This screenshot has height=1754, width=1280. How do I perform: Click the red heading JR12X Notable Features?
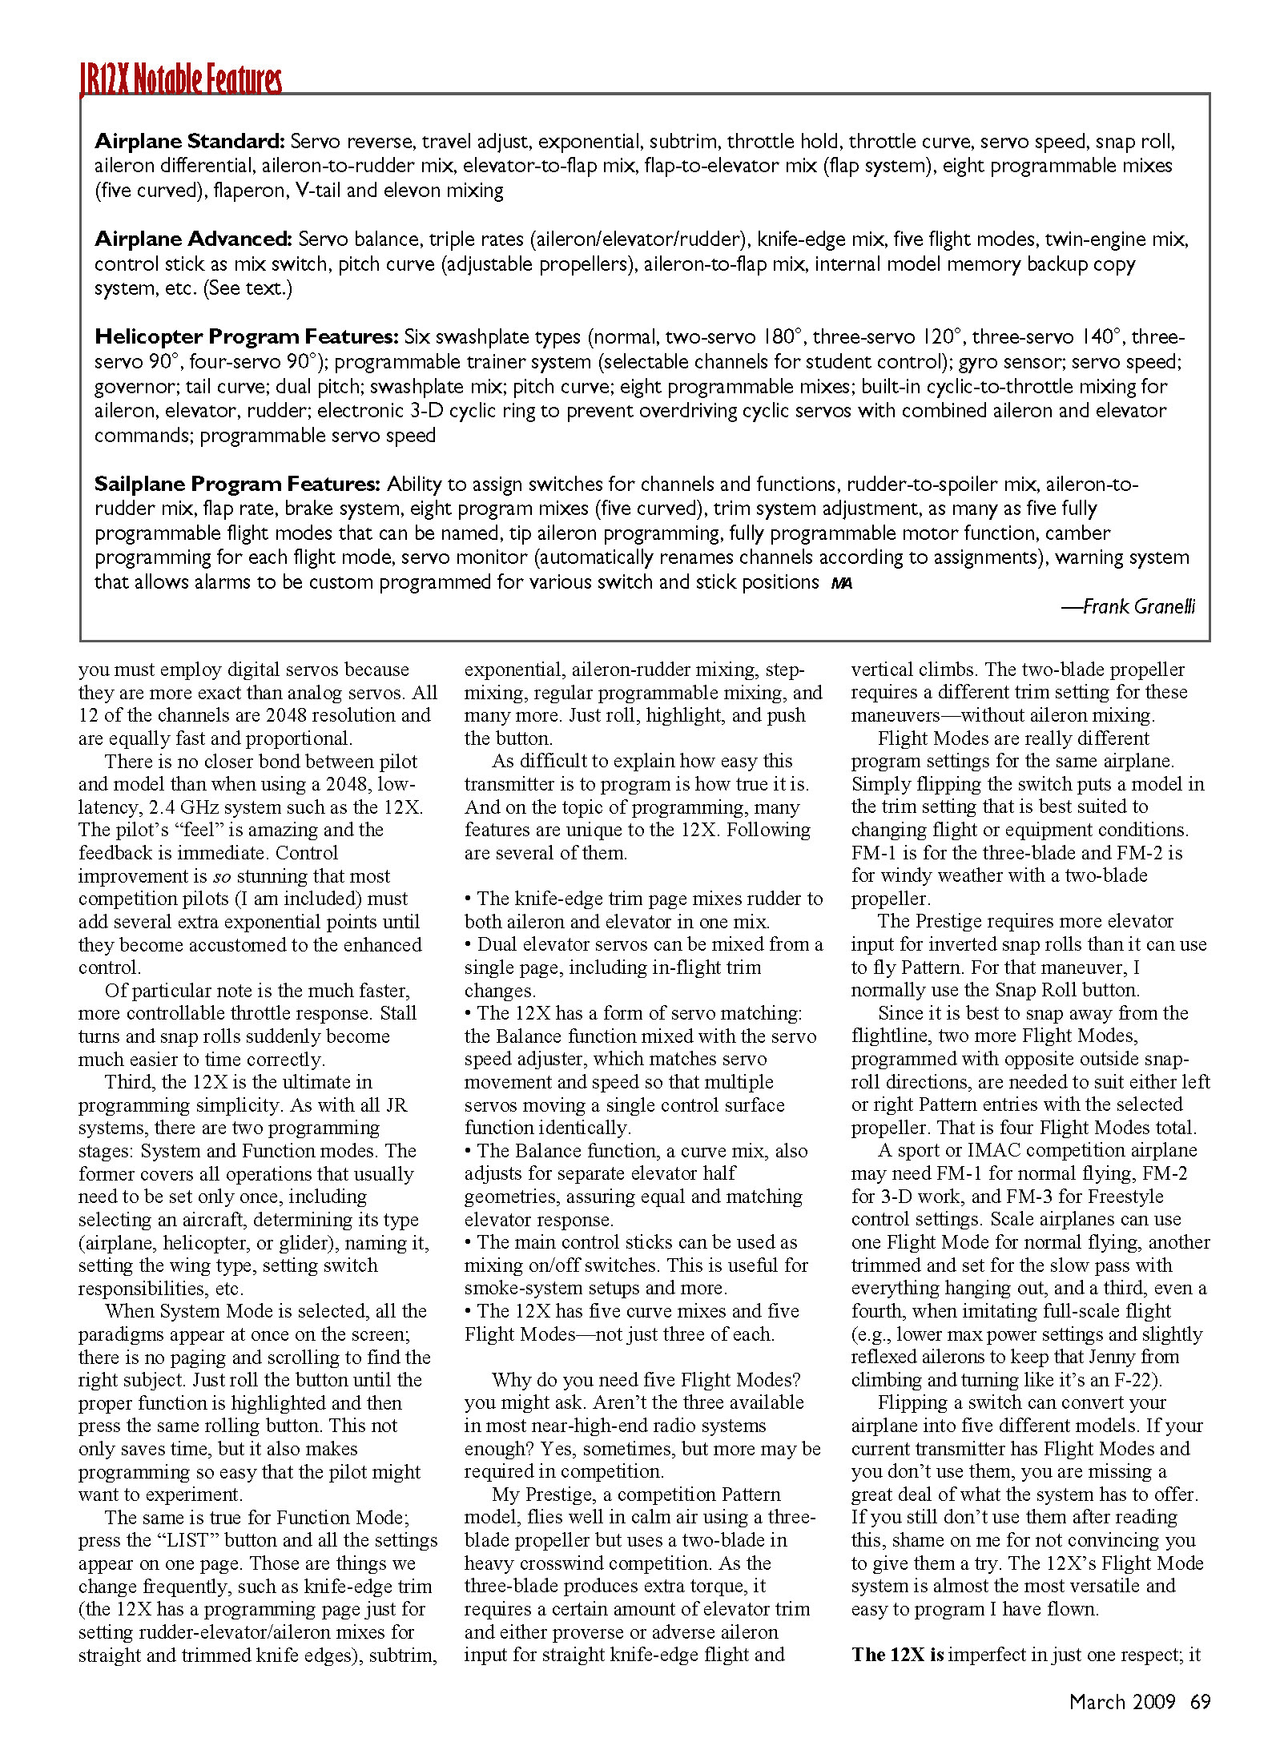(x=181, y=79)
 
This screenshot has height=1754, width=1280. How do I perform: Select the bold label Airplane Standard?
(x=189, y=142)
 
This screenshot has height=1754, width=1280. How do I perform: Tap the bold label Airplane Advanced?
(x=193, y=239)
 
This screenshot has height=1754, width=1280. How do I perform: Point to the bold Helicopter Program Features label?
(x=246, y=336)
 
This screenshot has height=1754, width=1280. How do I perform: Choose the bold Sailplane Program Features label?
(x=237, y=484)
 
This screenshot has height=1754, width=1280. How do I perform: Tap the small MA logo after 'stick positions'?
(x=841, y=584)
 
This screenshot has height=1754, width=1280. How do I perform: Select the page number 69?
(x=1200, y=1702)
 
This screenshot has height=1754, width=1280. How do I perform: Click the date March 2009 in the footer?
(x=1121, y=1702)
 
